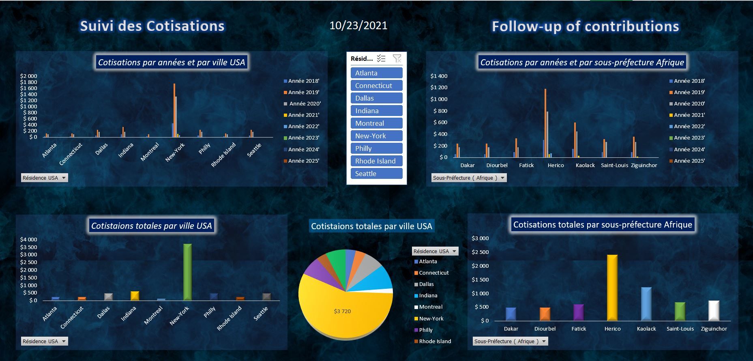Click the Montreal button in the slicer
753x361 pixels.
point(376,123)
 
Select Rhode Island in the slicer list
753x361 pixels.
point(376,161)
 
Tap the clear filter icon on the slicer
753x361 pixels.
point(397,59)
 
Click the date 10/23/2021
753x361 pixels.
point(358,26)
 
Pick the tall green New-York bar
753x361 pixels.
point(187,272)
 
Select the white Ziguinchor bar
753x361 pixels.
point(714,310)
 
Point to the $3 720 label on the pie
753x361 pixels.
point(342,311)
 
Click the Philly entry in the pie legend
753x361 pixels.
point(425,330)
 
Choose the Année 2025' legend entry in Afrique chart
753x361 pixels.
point(689,161)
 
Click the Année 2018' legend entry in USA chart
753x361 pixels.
point(303,81)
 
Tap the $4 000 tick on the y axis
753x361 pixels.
point(28,240)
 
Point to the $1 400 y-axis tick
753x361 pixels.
point(439,76)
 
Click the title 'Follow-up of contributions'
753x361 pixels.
point(585,26)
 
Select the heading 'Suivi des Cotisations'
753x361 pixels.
point(152,26)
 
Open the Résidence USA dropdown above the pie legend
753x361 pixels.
point(454,251)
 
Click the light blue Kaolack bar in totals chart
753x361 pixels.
point(646,304)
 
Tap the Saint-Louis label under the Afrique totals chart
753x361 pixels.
point(680,329)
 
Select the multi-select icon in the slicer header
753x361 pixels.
point(381,59)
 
